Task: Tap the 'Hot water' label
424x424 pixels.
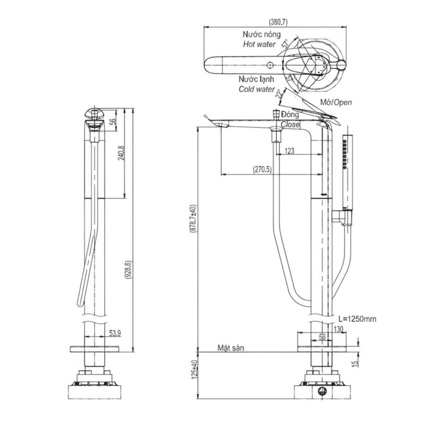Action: (259, 44)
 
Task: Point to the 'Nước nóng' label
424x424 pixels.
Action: (261, 34)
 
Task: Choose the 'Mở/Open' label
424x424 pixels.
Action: (335, 102)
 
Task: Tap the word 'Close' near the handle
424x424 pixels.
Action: (290, 125)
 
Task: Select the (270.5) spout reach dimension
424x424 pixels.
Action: (263, 169)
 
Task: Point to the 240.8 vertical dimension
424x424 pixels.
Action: (121, 153)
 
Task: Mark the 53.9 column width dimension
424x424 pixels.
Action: (115, 333)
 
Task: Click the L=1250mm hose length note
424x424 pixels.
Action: (357, 319)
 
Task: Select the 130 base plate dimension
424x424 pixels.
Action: (338, 329)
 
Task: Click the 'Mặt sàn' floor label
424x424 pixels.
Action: (231, 348)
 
